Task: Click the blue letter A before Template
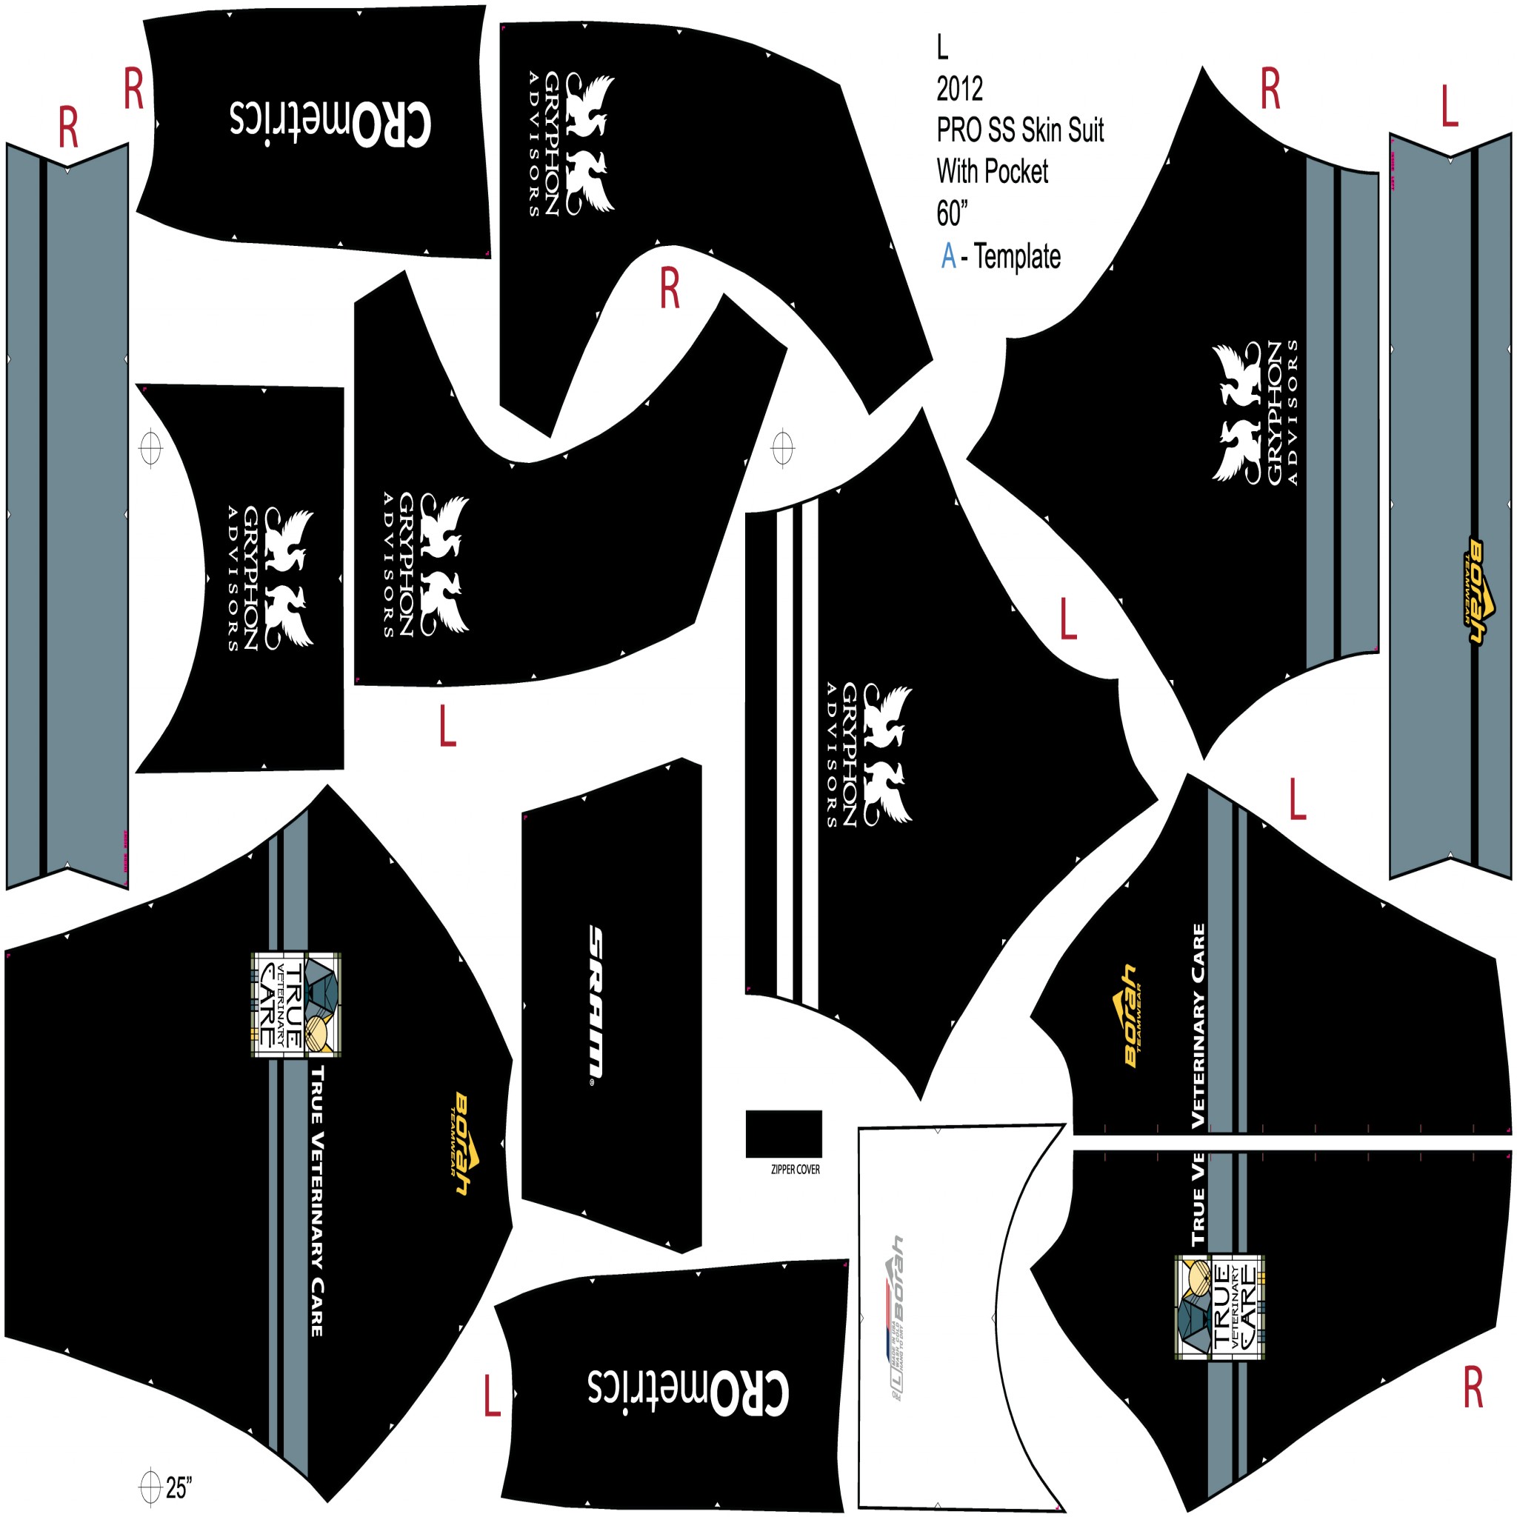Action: [949, 256]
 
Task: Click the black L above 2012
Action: [942, 48]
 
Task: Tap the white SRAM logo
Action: [597, 1004]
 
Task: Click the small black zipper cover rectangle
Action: [784, 1133]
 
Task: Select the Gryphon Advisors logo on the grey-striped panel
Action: [1254, 413]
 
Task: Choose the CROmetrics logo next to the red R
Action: [330, 126]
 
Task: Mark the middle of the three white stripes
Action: [796, 754]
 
